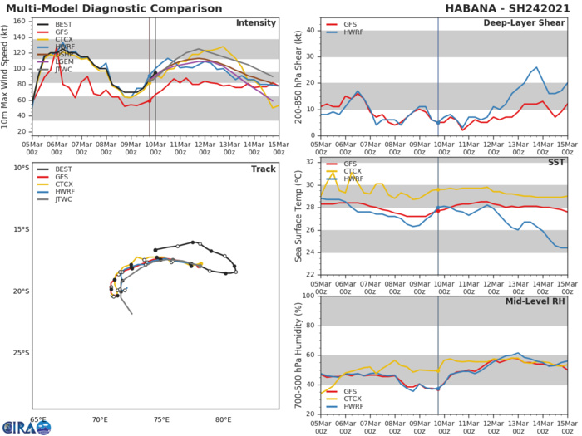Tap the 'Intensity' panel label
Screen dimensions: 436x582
256,22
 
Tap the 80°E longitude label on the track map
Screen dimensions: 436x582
223,420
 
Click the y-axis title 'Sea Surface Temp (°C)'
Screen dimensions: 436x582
298,218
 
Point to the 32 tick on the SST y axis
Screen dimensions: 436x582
311,162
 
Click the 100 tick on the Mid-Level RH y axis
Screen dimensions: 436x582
308,296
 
